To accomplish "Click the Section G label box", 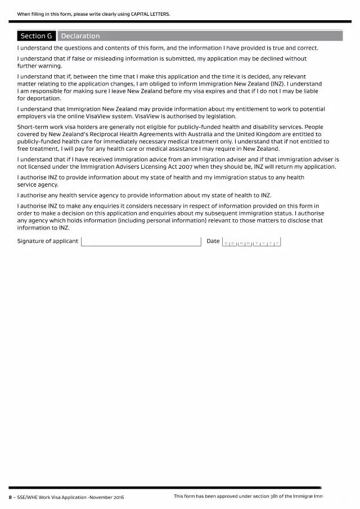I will [x=37, y=36].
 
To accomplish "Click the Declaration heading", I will [x=80, y=36].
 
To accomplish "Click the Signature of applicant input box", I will [x=141, y=242].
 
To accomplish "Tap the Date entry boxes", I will [x=251, y=242].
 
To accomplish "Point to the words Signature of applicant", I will [x=48, y=241].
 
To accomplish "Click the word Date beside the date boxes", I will [x=213, y=241].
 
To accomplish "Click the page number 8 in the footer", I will [x=10, y=497].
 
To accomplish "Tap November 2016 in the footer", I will [x=107, y=497].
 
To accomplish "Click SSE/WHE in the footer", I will [x=26, y=497].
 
